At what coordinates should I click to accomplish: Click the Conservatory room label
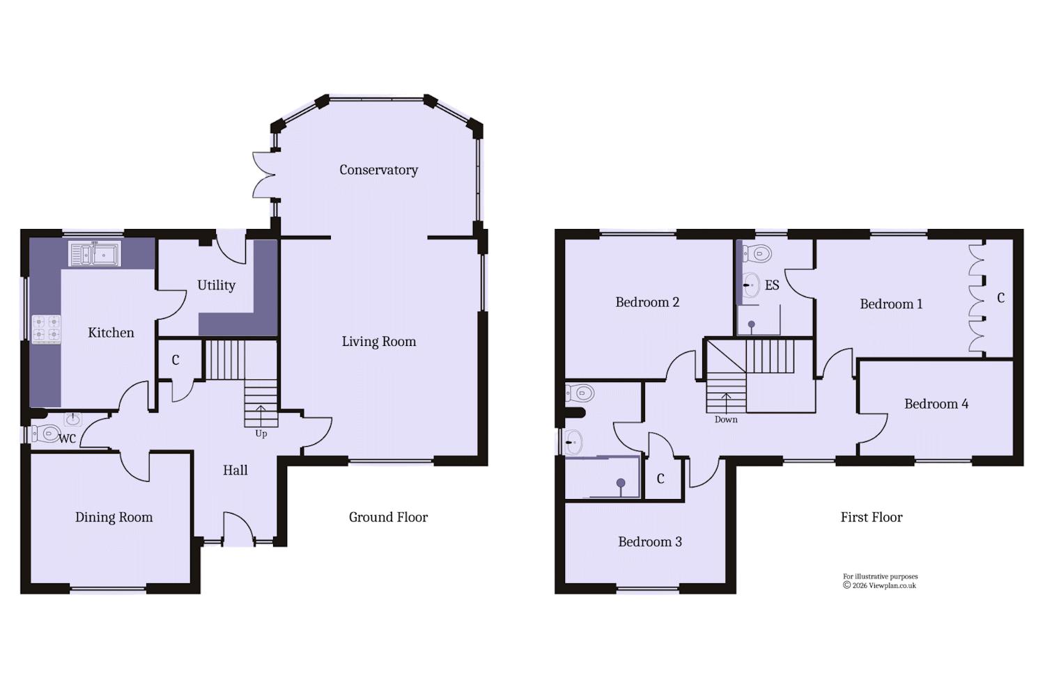click(378, 170)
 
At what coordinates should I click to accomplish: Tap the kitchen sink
click(95, 253)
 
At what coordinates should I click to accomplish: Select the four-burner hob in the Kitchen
click(46, 329)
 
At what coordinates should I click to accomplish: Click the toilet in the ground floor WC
click(45, 434)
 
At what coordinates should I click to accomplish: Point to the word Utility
click(216, 285)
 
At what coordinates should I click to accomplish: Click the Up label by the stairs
click(261, 434)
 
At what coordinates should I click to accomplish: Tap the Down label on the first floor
click(726, 420)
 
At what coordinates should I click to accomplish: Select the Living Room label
click(379, 342)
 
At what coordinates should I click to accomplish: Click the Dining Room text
click(114, 517)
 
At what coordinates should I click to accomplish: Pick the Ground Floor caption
click(388, 517)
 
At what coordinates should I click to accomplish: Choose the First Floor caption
click(872, 517)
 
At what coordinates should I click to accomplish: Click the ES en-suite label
click(772, 285)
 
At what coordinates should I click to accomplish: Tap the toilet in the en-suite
click(756, 254)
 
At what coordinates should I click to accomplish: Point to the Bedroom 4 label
click(936, 404)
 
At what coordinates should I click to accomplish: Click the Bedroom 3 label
click(650, 541)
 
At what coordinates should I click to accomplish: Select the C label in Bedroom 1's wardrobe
click(1000, 298)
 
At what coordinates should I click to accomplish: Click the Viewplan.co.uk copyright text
click(879, 585)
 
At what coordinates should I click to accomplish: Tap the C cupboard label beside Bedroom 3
click(660, 479)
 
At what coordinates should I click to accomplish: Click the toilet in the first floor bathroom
click(580, 393)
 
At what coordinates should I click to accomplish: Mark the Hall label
click(235, 470)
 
